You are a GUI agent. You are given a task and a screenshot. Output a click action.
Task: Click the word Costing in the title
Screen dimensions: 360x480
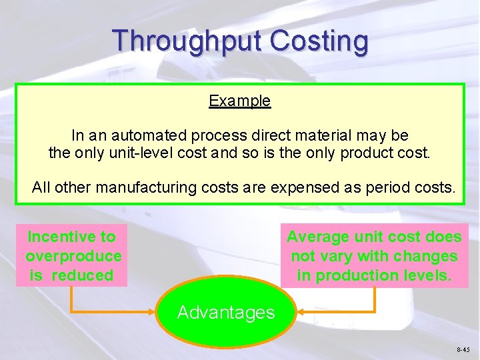[319, 41]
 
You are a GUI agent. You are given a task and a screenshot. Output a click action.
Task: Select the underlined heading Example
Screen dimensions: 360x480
[239, 101]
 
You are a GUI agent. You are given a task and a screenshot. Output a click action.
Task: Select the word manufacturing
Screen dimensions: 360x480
[144, 187]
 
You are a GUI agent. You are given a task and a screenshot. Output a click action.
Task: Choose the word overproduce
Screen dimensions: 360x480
[73, 256]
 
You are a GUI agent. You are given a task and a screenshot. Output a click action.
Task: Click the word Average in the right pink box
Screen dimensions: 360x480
[317, 237]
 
